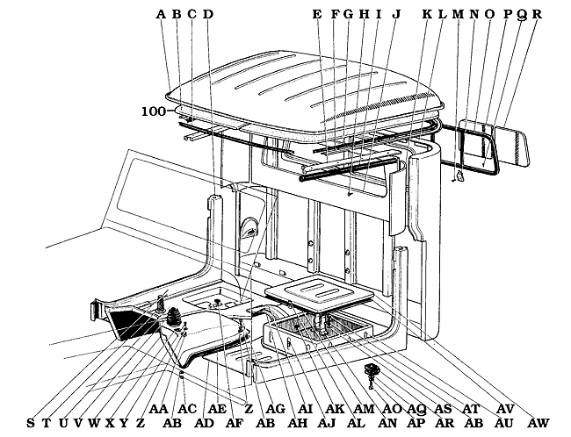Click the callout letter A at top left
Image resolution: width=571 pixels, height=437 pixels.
pos(162,14)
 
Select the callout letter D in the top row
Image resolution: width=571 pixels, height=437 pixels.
pos(208,14)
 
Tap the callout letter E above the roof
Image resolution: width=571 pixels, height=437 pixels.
pos(317,14)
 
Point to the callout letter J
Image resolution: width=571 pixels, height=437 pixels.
pos(396,14)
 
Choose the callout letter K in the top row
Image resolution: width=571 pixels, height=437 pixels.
pos(427,14)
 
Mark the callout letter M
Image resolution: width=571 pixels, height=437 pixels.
pos(459,14)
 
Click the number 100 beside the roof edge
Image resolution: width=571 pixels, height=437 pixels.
pos(154,112)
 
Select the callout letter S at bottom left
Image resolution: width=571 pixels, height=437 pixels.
pos(31,423)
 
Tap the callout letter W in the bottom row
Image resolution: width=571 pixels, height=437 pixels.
pos(93,423)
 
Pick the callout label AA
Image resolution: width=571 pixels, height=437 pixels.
pos(158,409)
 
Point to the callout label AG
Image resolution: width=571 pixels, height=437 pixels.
pos(275,409)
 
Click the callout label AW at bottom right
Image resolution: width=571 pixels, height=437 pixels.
pos(538,423)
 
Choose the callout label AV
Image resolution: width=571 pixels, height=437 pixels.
pos(505,409)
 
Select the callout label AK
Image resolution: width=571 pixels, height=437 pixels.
pos(336,409)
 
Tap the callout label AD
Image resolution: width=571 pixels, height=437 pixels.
pos(204,423)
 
